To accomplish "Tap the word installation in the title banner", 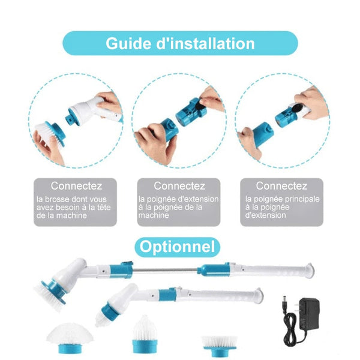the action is (212, 43).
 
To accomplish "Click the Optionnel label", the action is (177, 247).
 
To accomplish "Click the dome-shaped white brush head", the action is (70, 337).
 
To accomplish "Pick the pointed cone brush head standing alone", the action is (145, 334).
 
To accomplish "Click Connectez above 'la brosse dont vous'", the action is (76, 186).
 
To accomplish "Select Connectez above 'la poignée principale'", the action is (281, 186).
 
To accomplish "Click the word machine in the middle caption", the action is (154, 215).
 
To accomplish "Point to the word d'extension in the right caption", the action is (265, 215).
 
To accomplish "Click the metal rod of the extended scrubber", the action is (165, 270).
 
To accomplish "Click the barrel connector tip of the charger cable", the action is (284, 300).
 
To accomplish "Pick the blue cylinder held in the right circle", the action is (263, 134).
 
